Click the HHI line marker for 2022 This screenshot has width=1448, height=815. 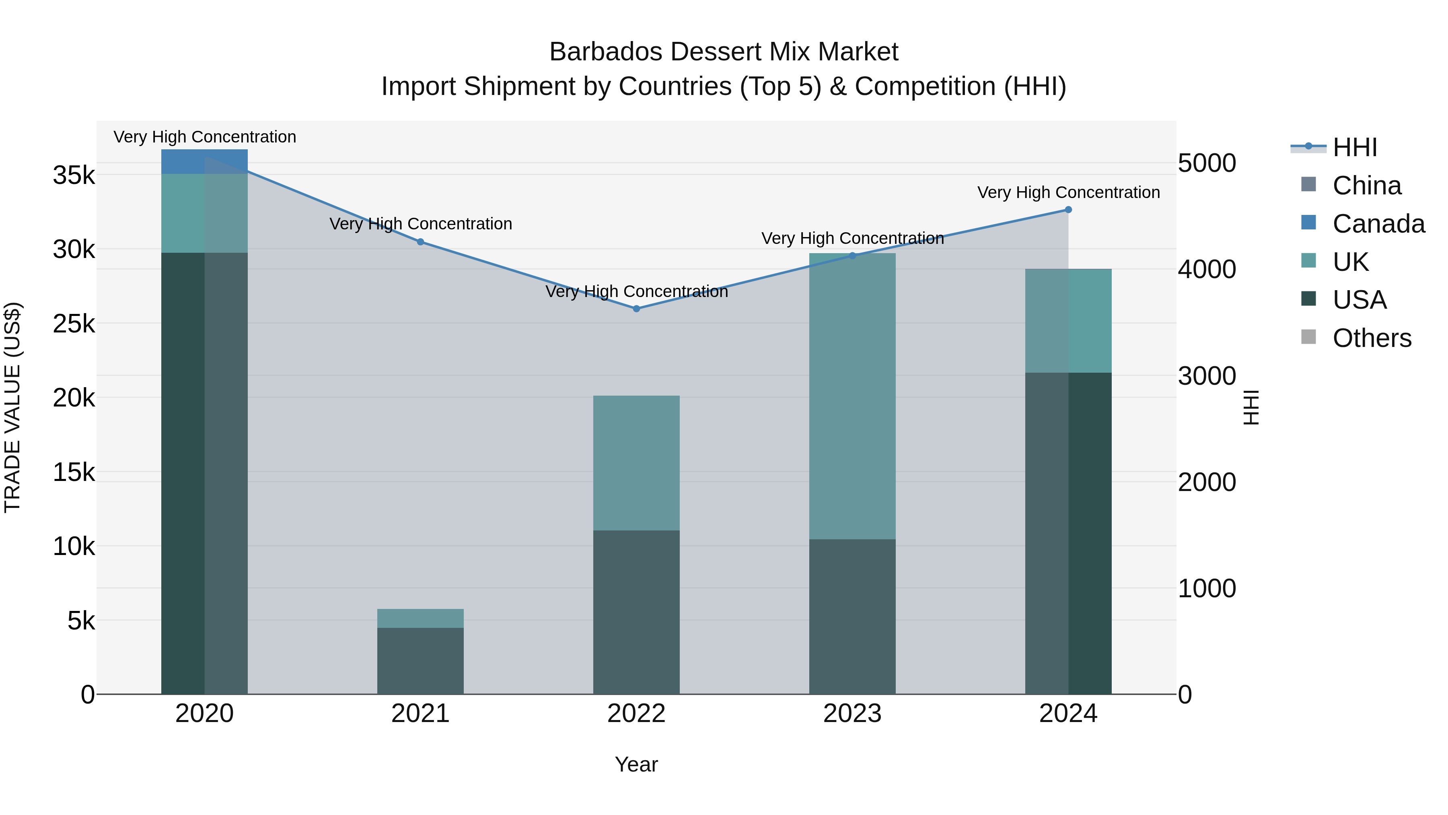(636, 309)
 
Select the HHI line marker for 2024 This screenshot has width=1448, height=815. (1068, 210)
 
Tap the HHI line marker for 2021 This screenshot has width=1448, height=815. (420, 242)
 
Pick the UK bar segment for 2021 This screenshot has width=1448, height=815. (420, 618)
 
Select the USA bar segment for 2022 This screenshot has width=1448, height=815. (636, 612)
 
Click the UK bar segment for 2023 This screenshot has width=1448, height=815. (852, 396)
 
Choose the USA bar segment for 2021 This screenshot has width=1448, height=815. (420, 661)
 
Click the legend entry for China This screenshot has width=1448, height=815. (1366, 186)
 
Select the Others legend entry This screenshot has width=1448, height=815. (1371, 338)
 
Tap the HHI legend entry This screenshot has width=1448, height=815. (1354, 147)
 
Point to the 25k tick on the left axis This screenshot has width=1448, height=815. (74, 324)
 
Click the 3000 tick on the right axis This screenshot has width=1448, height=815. (1207, 376)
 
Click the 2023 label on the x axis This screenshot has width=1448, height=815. (852, 714)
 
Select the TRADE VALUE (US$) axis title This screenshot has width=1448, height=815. (12, 407)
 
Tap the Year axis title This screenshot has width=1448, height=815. (636, 764)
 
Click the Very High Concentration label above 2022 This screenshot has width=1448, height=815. (636, 291)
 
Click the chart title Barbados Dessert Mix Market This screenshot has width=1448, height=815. (724, 52)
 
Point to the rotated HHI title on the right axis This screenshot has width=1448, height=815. (1251, 407)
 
